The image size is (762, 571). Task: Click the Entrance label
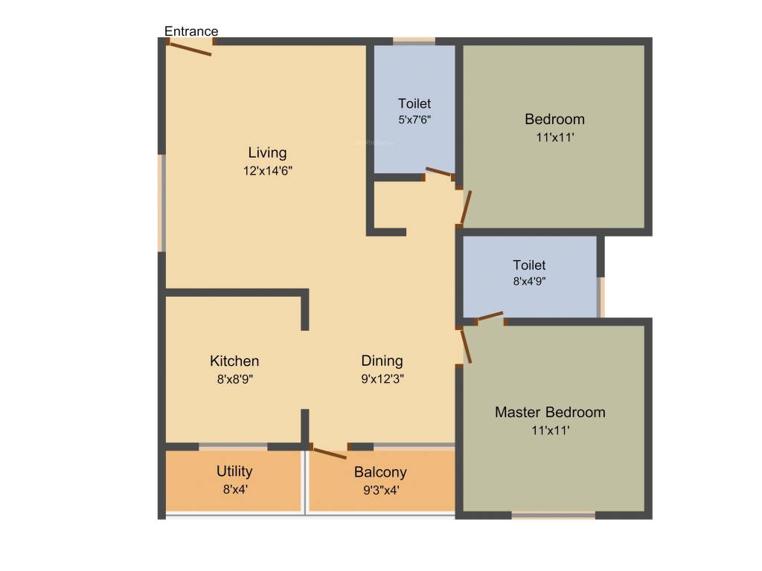191,31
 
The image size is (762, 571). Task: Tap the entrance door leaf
190,48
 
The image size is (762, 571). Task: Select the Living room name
267,153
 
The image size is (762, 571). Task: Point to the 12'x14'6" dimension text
267,170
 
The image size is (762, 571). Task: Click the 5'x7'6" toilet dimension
414,119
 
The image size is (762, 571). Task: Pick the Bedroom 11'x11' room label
554,119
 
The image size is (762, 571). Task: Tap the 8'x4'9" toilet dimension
529,282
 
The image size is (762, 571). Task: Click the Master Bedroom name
550,412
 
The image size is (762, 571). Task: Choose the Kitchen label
234,361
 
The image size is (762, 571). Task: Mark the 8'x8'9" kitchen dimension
234,378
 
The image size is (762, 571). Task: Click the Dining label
382,361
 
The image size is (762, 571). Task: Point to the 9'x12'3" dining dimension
382,378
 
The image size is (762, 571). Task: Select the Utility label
234,471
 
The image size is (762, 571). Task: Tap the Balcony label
380,472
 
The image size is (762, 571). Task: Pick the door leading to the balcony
330,451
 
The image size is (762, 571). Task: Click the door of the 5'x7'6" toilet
438,173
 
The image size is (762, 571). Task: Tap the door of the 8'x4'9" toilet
490,317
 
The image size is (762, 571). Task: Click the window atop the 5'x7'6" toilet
414,42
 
